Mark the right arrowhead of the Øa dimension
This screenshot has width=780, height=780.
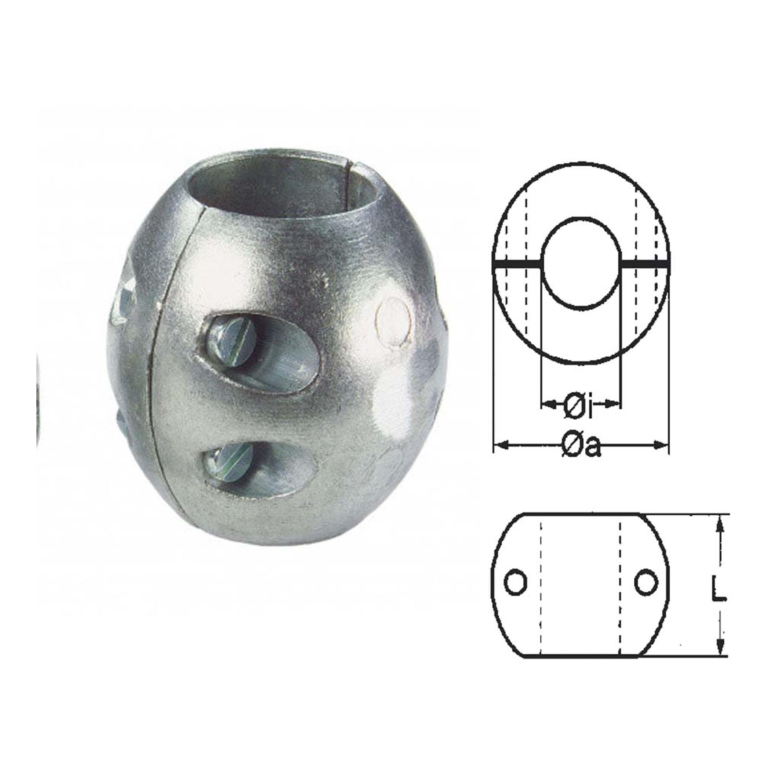point(663,446)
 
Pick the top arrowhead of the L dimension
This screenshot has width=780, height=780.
point(720,524)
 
